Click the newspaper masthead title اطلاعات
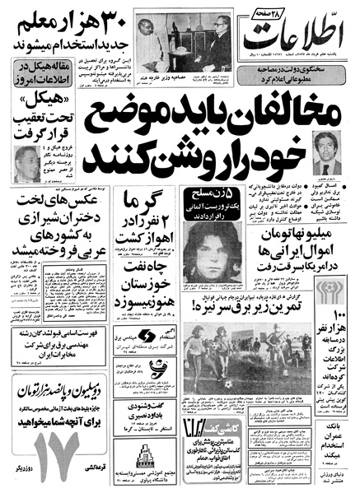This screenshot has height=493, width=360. coord(306,38)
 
